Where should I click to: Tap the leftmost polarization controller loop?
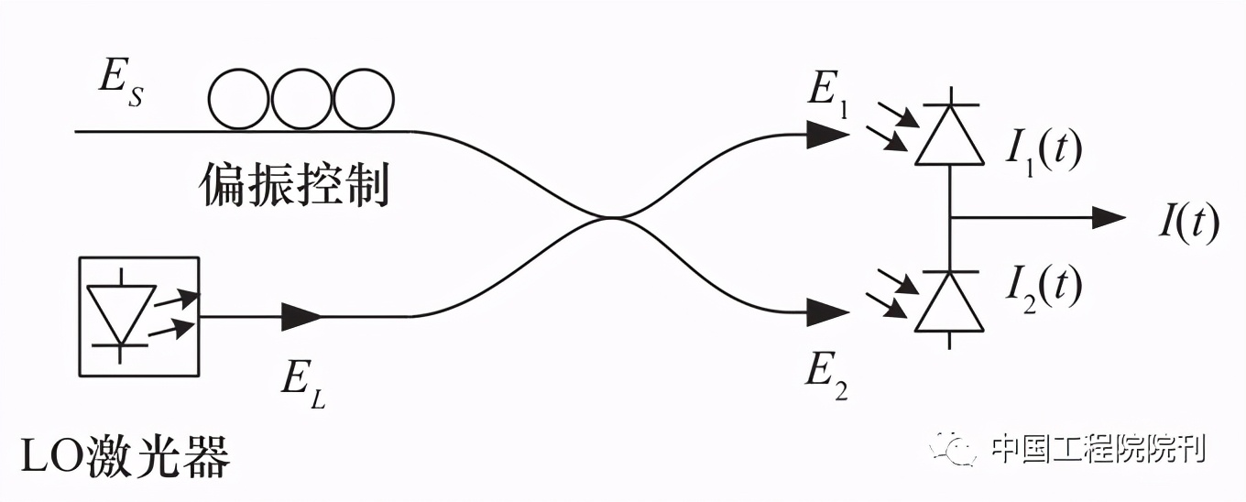(239, 99)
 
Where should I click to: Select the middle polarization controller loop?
(301, 99)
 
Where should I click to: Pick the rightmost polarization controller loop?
(363, 99)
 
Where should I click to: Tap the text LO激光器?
(125, 454)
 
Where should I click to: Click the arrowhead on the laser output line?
(302, 317)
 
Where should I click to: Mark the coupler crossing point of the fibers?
(612, 218)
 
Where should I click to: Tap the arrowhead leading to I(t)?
(1109, 218)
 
